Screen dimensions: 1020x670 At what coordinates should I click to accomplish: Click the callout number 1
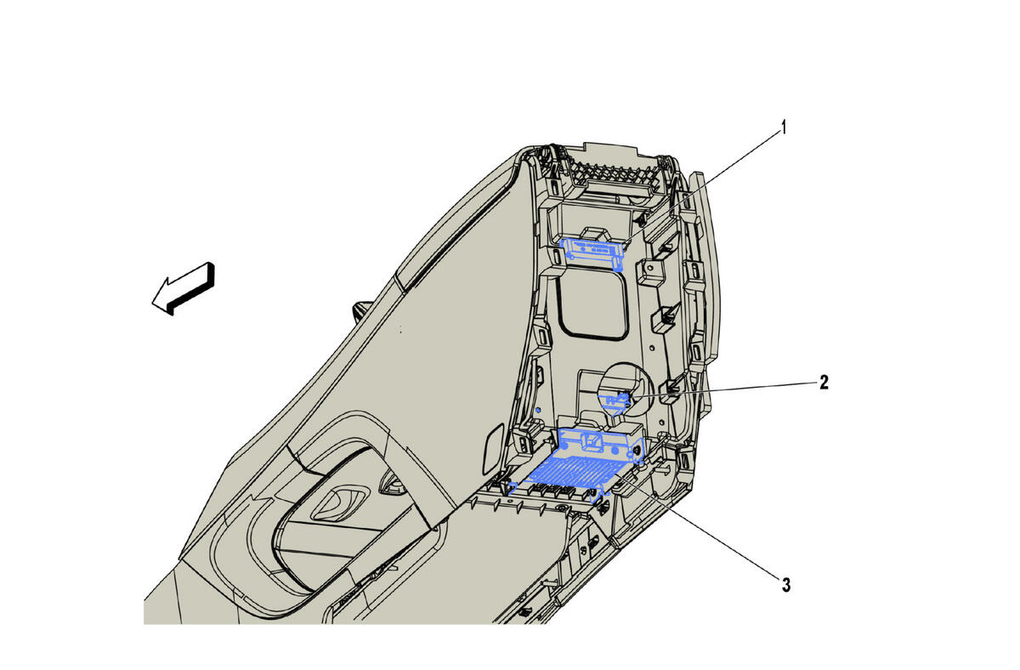[783, 128]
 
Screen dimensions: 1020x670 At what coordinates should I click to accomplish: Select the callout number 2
[824, 383]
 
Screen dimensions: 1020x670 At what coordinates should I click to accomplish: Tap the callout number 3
[786, 585]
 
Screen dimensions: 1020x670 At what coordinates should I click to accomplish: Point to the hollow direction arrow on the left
[183, 289]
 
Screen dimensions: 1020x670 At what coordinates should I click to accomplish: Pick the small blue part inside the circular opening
[615, 402]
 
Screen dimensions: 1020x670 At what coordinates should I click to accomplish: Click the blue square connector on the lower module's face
[592, 441]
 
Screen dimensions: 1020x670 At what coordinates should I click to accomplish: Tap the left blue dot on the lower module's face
[564, 447]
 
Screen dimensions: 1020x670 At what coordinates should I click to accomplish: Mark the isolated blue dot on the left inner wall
[538, 411]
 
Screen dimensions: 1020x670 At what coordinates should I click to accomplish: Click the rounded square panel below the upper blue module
[593, 304]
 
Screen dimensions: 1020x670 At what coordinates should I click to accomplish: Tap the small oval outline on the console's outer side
[493, 448]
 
